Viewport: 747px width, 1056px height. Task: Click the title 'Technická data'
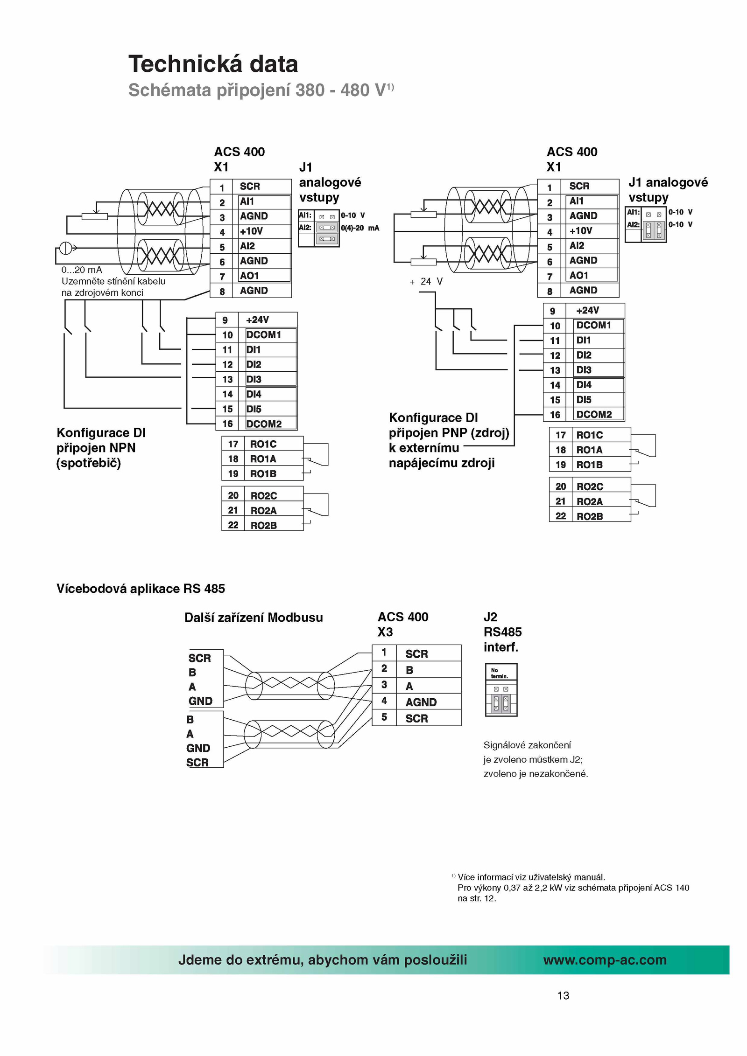click(213, 64)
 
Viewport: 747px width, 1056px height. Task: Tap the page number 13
click(563, 996)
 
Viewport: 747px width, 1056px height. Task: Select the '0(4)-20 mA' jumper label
click(360, 228)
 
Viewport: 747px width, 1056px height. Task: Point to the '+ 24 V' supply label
click(426, 282)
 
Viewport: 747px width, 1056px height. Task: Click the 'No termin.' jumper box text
click(499, 674)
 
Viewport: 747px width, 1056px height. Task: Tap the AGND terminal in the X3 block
click(421, 702)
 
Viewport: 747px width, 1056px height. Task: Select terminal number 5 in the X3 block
click(384, 717)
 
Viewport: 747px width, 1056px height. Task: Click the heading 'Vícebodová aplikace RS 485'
click(141, 589)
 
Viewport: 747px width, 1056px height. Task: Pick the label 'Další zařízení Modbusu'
click(254, 618)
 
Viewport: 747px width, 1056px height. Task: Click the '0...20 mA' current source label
click(82, 270)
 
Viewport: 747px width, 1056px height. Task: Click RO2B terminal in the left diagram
click(264, 525)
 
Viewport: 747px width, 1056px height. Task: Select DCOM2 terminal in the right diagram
click(594, 414)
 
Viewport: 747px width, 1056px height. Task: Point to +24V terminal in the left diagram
click(257, 320)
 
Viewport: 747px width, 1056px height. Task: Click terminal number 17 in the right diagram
click(561, 435)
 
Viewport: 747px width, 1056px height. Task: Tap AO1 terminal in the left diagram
click(249, 276)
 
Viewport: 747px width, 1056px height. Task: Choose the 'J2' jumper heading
click(490, 617)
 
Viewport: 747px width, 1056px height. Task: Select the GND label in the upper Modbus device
click(200, 701)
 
